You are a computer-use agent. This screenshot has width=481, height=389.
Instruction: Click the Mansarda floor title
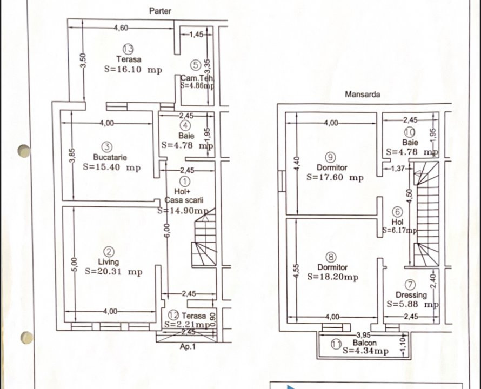point(362,94)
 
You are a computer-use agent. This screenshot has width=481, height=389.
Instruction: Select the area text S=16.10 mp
point(132,69)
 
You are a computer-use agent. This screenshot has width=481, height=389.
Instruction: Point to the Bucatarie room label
point(110,157)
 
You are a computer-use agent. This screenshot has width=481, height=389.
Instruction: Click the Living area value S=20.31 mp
point(113,272)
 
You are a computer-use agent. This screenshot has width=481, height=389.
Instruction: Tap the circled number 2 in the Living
point(109,252)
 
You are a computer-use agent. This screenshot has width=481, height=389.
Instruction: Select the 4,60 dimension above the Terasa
point(121,28)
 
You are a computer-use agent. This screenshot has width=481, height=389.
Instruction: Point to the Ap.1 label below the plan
point(188,347)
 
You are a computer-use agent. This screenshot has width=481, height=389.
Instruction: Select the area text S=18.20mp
point(333,277)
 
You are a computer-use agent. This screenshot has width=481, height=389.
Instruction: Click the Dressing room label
point(411,295)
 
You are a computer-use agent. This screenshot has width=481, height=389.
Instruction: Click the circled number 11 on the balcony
point(336,343)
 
